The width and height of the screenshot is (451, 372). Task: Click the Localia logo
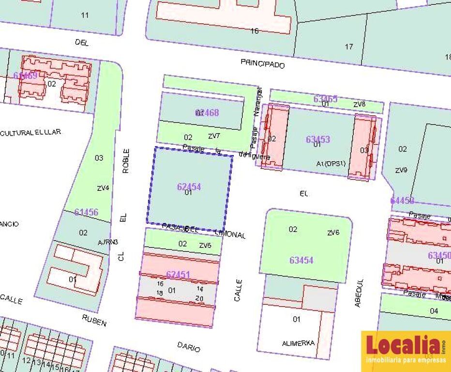406,350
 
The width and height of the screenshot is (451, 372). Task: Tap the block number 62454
189,186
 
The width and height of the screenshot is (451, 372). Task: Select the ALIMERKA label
298,343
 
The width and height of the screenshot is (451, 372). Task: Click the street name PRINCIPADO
263,63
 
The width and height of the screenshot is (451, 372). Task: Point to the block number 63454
301,260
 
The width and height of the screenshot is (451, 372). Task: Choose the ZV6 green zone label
333,233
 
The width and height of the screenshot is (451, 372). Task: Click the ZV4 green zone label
103,188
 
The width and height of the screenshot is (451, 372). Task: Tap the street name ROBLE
126,161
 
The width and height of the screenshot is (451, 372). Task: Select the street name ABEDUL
359,293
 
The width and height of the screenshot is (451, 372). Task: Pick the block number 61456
86,212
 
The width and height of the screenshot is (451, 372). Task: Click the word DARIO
188,346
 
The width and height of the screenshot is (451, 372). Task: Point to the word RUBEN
94,320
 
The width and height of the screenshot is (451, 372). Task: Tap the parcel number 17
349,46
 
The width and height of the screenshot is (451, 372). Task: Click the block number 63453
317,139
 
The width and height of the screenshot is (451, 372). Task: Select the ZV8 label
359,104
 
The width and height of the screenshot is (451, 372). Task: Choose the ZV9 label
401,170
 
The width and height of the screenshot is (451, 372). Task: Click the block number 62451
178,275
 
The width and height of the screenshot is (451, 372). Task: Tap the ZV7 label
214,136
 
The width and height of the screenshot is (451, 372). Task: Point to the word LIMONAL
230,234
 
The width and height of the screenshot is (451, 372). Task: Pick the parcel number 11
85,15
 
